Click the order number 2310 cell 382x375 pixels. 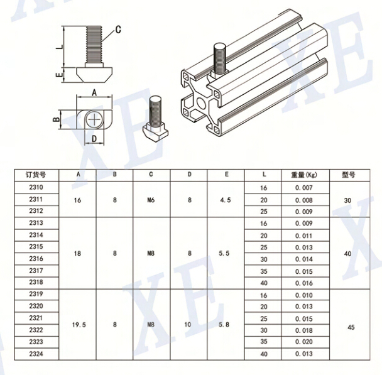(x=36, y=187)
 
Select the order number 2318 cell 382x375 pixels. (x=36, y=282)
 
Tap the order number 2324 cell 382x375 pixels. (x=36, y=354)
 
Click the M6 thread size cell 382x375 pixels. (x=151, y=200)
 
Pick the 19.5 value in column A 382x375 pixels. (x=79, y=325)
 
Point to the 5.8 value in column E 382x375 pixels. (x=224, y=324)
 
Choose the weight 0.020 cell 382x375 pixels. (x=304, y=342)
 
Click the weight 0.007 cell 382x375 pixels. (x=304, y=188)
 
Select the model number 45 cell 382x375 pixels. (x=351, y=327)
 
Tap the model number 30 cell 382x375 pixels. (x=347, y=200)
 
